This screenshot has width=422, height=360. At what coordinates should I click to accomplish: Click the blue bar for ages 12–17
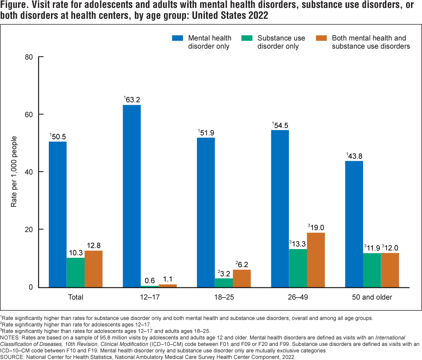(x=132, y=196)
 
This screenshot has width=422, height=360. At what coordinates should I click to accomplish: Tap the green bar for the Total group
(x=76, y=272)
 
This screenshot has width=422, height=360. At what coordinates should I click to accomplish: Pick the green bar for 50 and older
(x=372, y=270)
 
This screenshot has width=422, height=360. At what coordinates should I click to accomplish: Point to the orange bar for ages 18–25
(x=242, y=278)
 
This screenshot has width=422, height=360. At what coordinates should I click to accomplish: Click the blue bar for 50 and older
(x=354, y=224)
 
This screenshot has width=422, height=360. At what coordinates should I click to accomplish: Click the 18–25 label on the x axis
(x=224, y=297)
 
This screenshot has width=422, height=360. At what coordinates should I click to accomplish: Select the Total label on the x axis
(x=76, y=297)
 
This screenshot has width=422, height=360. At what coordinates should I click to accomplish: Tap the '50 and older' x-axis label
(x=372, y=297)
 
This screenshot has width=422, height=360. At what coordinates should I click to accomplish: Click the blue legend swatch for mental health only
(x=178, y=38)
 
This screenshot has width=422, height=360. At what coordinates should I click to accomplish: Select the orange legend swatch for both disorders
(x=322, y=38)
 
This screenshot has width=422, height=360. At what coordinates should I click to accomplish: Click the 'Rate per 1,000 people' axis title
(x=14, y=172)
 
